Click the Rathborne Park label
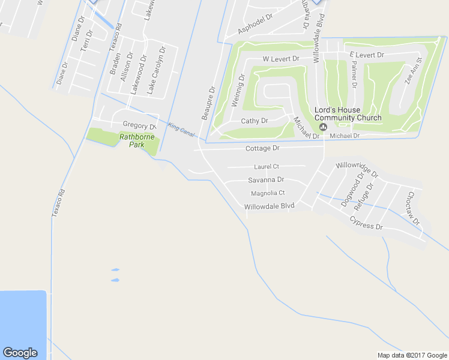(x=137, y=141)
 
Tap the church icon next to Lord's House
(x=323, y=127)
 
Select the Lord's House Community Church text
(x=348, y=114)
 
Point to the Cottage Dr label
(x=262, y=148)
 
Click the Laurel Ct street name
(x=267, y=166)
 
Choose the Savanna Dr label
(x=266, y=180)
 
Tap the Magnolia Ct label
(x=268, y=193)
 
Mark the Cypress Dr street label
(x=366, y=223)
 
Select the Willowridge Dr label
(x=357, y=170)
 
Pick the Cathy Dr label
(x=254, y=121)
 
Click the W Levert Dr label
(x=281, y=59)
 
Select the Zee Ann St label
(x=413, y=71)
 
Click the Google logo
(x=20, y=353)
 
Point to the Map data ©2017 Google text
(x=412, y=355)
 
